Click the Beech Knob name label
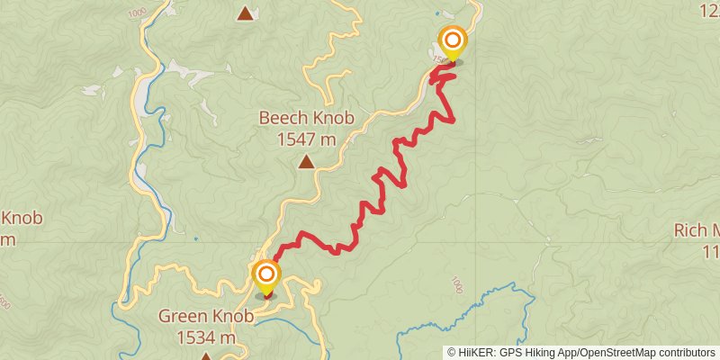point(306,118)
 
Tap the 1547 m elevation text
point(306,139)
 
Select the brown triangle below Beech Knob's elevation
point(307,163)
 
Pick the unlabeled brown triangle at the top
point(245,13)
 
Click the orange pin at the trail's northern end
point(452,40)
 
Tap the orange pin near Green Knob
point(266,274)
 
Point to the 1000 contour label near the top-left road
point(137,14)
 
